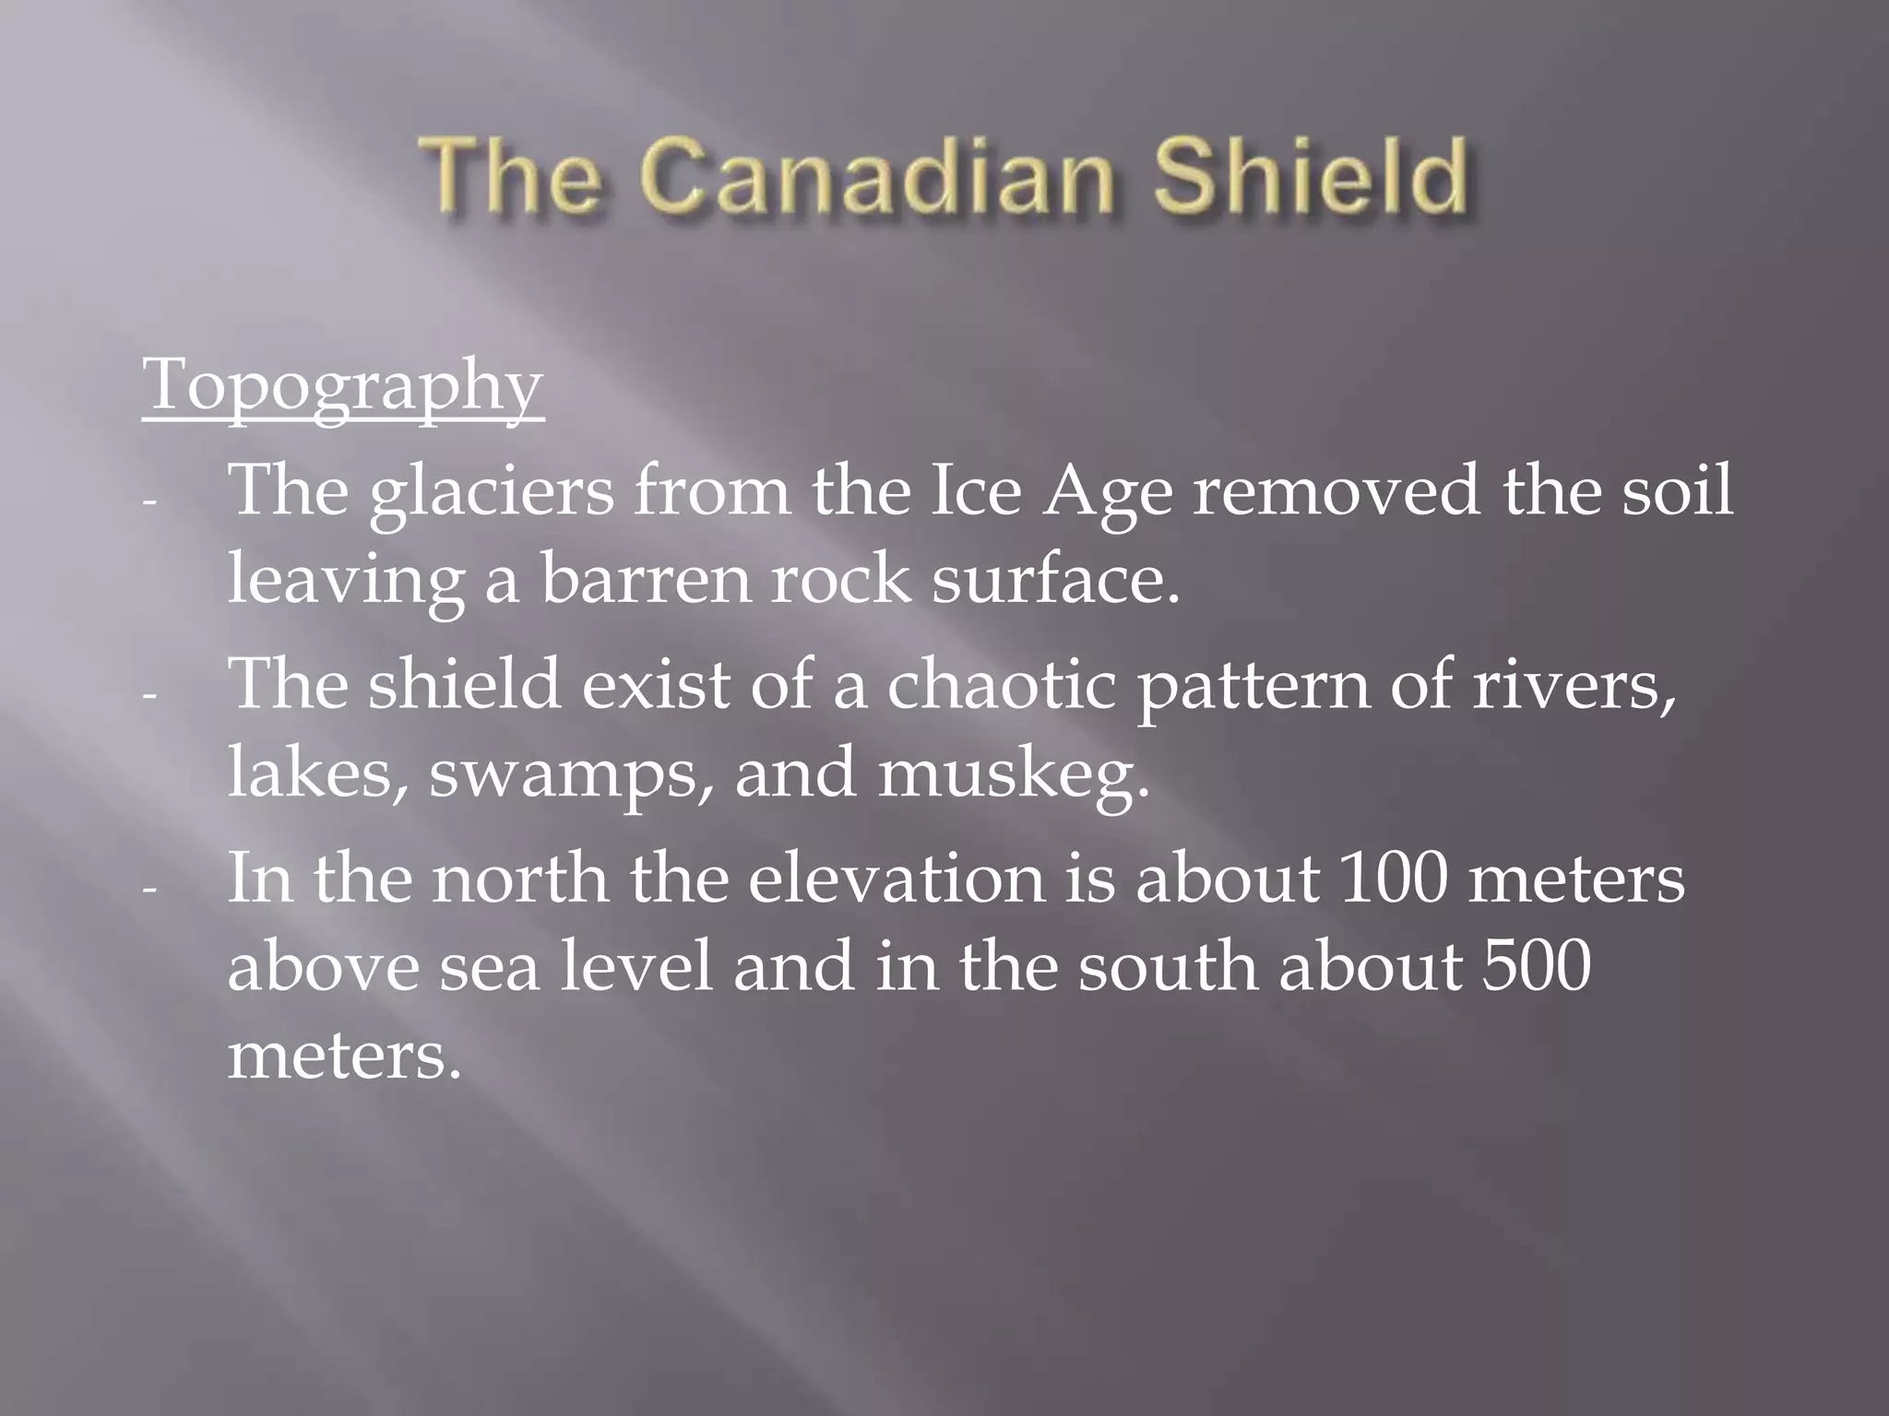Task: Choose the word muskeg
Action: tap(1013, 774)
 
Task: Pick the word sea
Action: tap(488, 968)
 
